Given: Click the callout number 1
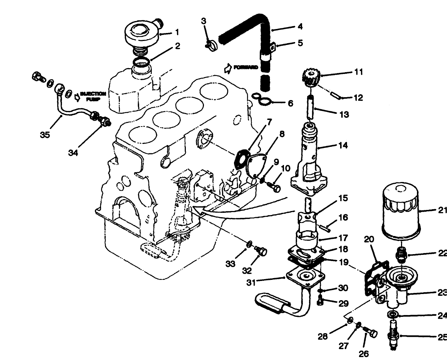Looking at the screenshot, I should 177,33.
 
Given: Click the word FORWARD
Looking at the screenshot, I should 246,67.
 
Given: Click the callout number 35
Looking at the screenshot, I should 45,135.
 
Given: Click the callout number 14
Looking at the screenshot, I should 343,145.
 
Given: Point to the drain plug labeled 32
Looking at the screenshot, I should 260,250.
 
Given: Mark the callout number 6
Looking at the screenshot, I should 290,103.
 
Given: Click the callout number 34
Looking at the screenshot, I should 73,153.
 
